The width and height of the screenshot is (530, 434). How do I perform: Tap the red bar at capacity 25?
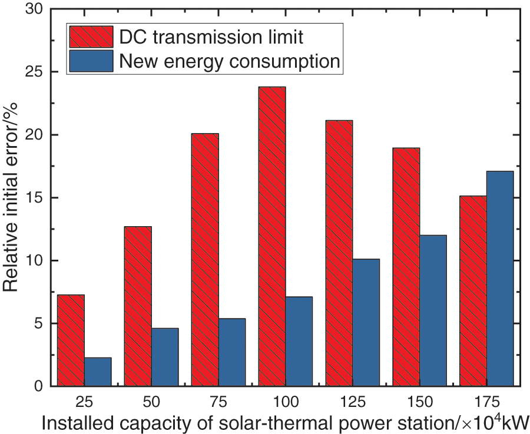pos(71,340)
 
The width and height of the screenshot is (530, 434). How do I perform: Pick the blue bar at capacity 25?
pos(98,372)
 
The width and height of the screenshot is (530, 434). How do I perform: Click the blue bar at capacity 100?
pos(299,342)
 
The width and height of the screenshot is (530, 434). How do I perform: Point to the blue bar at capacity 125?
pos(366,323)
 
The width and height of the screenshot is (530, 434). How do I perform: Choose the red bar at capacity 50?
pos(138,306)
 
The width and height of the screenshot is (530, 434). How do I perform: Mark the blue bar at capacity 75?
pos(232,352)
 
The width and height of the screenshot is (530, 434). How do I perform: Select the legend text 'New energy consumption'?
pos(230,61)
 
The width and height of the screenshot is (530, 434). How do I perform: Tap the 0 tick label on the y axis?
pos(40,386)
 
